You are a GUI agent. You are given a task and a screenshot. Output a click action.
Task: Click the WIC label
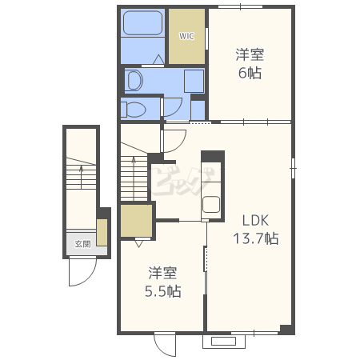[186, 36]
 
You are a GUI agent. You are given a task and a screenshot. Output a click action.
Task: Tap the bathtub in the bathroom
[143, 23]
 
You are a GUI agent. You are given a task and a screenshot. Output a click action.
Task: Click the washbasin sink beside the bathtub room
[134, 80]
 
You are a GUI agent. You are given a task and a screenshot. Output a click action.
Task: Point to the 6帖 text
[250, 73]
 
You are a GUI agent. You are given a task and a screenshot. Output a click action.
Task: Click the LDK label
[255, 221]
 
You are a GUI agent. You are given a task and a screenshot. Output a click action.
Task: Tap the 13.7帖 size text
[256, 238]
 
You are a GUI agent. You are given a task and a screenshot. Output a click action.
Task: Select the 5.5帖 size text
[163, 291]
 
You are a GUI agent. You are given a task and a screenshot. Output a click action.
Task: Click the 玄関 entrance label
[82, 244]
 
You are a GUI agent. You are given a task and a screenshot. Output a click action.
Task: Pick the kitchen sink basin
[211, 205]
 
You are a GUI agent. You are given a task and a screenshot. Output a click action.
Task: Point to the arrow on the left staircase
[82, 176]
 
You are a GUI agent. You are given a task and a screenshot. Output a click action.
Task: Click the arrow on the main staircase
[134, 178]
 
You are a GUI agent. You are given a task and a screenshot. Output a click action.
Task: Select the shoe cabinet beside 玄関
[102, 232]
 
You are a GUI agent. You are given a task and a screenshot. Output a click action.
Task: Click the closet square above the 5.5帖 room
[136, 221]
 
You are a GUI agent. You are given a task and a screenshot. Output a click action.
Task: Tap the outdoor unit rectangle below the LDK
[223, 341]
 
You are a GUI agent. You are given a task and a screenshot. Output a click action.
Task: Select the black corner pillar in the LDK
[286, 329]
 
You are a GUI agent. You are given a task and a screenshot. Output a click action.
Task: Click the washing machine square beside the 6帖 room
[194, 81]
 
